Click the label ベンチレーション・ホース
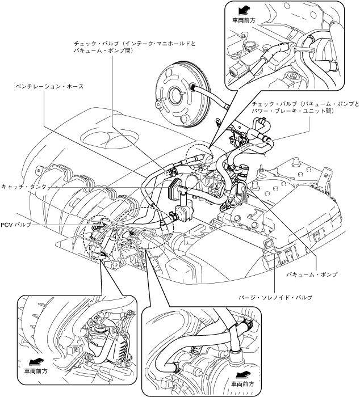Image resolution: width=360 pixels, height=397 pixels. [x=49, y=87]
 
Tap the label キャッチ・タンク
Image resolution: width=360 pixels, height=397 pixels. [x=24, y=187]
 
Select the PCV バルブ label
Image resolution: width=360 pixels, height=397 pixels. [x=16, y=225]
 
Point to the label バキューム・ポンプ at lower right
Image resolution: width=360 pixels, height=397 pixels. [x=312, y=274]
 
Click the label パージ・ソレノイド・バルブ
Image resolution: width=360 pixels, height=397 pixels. [x=275, y=298]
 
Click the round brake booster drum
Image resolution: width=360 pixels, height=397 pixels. [x=182, y=95]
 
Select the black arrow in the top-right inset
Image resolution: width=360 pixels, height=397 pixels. [x=243, y=11]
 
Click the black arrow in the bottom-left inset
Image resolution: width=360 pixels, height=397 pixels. [x=35, y=362]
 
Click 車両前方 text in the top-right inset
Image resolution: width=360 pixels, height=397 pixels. [x=244, y=21]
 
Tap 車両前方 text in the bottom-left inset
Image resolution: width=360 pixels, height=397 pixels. [x=36, y=371]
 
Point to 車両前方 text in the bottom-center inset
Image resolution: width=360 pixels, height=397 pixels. [x=242, y=384]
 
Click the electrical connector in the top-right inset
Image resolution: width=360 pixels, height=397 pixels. [x=237, y=71]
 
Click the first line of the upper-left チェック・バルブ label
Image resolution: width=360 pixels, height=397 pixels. [x=135, y=44]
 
